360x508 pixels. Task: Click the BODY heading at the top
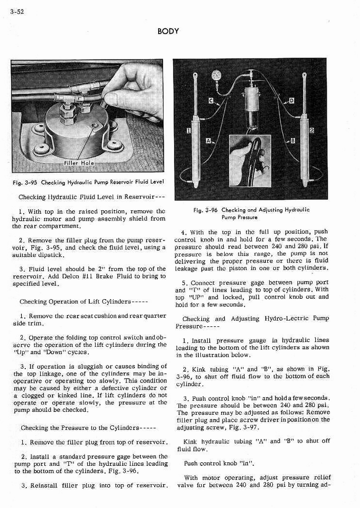point(168,31)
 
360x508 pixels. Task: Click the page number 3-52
point(17,11)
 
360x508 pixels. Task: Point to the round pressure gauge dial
point(216,75)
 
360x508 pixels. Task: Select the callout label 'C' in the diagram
point(211,101)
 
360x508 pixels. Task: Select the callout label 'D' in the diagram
point(292,101)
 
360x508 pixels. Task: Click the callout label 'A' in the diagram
point(209,140)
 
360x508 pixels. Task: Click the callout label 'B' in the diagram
point(293,141)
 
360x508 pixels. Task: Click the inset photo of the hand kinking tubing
point(250,161)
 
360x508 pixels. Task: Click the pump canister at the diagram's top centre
point(251,99)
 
